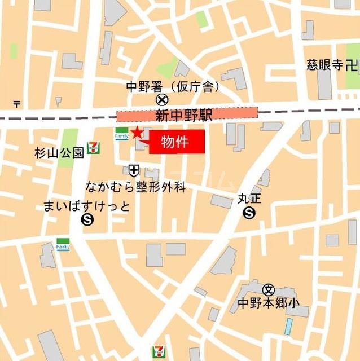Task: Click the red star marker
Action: tap(136, 133)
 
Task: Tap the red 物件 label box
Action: tap(177, 142)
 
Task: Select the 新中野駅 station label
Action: tap(187, 116)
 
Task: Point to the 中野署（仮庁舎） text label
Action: tap(173, 87)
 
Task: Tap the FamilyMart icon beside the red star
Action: tap(121, 134)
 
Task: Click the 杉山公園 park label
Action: tap(59, 152)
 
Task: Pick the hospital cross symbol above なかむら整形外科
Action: tap(134, 169)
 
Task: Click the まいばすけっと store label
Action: tap(86, 206)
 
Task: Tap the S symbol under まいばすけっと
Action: tap(87, 220)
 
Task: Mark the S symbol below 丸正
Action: tap(249, 213)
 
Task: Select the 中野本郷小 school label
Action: tap(268, 303)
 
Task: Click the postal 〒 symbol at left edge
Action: tap(17, 104)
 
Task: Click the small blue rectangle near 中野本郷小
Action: tap(289, 326)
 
